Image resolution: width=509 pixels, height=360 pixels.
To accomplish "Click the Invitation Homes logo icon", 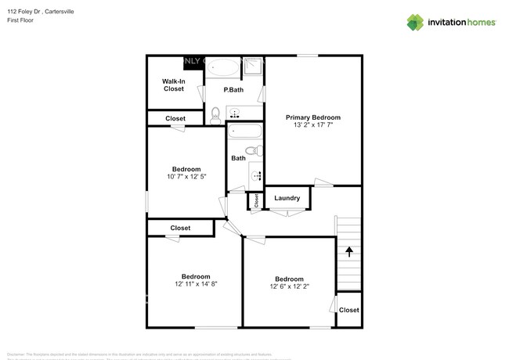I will click(417, 22).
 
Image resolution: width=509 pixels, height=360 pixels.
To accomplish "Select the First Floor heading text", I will click(20, 21).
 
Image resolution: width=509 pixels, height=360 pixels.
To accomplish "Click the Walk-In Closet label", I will click(174, 85).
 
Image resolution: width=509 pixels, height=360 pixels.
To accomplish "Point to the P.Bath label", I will click(233, 90).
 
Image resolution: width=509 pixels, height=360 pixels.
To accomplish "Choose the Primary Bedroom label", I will click(313, 117).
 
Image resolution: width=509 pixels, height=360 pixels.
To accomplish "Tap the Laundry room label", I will click(287, 198).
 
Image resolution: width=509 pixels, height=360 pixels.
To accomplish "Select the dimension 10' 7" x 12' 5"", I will click(186, 177).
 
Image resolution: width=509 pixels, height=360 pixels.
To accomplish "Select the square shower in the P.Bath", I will click(252, 67).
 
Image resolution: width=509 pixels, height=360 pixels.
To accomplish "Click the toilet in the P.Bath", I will click(216, 115).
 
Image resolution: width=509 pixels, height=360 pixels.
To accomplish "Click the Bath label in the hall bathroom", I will click(238, 158).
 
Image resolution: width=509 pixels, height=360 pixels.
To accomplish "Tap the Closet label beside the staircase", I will click(348, 310).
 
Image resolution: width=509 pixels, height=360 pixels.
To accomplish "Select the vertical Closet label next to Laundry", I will click(256, 200).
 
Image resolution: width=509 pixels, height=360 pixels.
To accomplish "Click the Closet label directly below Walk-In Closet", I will click(175, 118).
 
